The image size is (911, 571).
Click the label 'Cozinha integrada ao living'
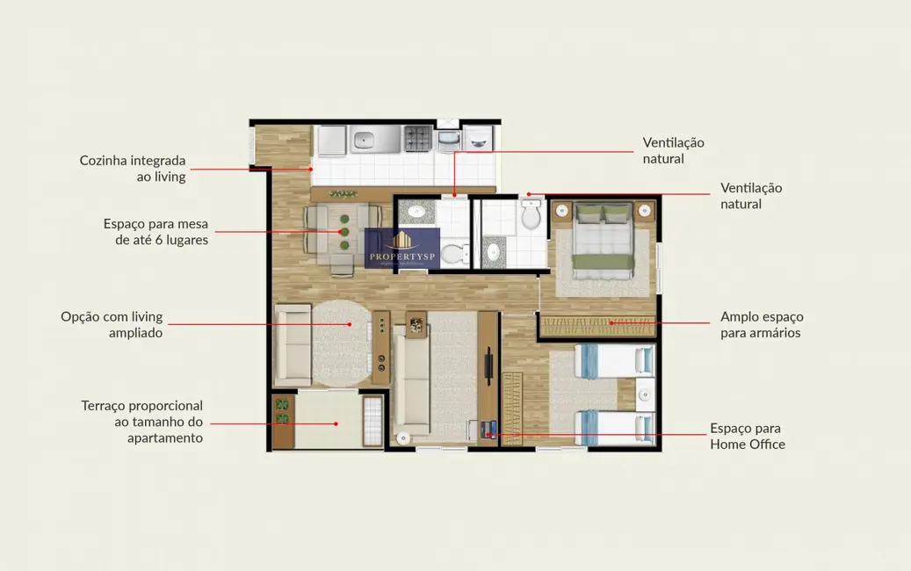click(x=133, y=169)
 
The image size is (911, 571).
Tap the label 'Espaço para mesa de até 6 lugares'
click(x=155, y=231)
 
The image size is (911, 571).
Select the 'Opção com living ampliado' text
click(x=112, y=324)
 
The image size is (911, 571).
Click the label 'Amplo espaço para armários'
click(x=761, y=324)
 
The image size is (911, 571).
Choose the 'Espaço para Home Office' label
click(x=747, y=436)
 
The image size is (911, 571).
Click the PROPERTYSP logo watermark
click(x=402, y=249)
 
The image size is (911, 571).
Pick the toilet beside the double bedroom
click(x=531, y=216)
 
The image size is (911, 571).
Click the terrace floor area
click(x=327, y=420)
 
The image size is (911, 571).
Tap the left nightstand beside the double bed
click(x=561, y=211)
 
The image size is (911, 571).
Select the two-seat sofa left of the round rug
click(x=292, y=345)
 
